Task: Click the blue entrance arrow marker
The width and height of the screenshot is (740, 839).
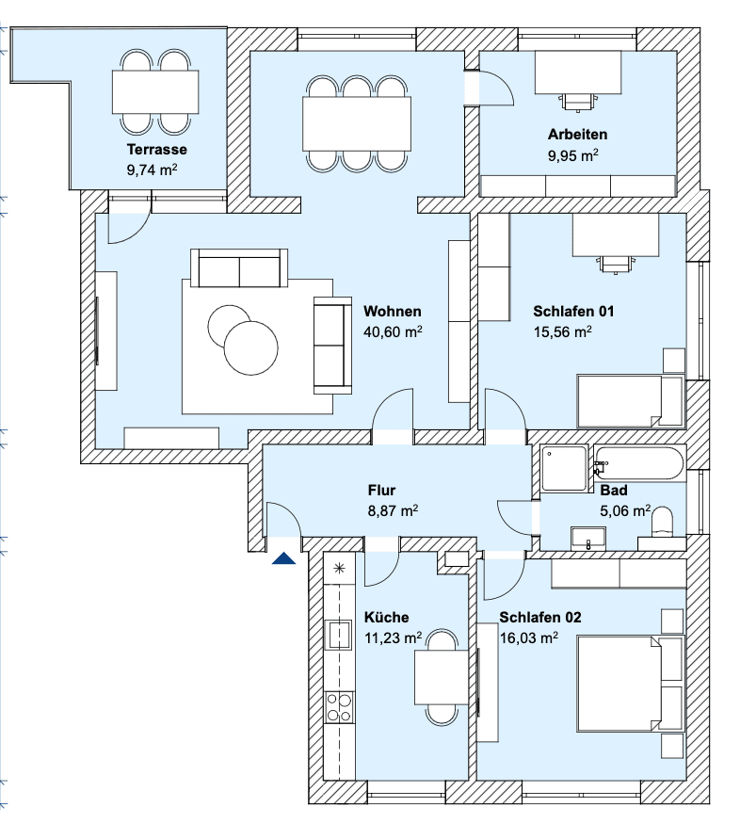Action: [x=284, y=559]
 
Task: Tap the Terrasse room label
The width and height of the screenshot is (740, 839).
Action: [x=156, y=149]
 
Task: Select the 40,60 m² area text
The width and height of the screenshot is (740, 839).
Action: [x=392, y=331]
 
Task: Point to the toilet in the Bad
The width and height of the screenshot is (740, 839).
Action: [x=663, y=526]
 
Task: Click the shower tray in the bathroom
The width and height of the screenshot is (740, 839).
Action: [x=565, y=468]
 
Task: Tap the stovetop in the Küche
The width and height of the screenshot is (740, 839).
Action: [x=339, y=707]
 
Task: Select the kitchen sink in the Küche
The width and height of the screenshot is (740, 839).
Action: [x=338, y=636]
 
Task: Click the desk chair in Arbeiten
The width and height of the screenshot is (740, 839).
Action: [x=577, y=99]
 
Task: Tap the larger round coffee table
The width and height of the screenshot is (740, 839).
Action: [x=251, y=347]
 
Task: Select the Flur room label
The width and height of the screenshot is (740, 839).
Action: [x=381, y=490]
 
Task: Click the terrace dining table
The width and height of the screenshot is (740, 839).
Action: [x=156, y=91]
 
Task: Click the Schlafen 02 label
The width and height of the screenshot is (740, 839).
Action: [x=540, y=618]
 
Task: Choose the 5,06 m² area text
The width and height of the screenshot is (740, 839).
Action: [x=625, y=511]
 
